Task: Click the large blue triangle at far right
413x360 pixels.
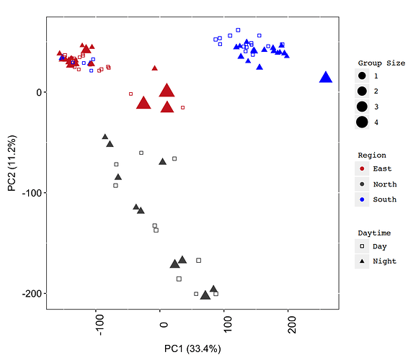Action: click(326, 78)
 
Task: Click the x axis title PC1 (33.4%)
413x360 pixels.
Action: click(192, 349)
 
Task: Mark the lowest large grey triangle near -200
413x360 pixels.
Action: click(205, 294)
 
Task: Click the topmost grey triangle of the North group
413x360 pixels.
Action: click(105, 136)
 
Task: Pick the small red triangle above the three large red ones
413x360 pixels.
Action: click(154, 68)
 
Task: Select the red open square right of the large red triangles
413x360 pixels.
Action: click(182, 107)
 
